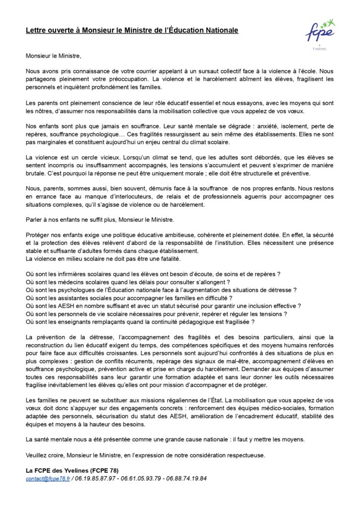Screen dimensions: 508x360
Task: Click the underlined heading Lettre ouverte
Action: tap(132, 31)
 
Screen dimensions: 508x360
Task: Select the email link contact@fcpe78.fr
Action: tap(49, 479)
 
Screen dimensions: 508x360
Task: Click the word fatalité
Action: tap(163, 258)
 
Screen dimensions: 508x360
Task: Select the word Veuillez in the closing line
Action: tap(37, 455)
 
